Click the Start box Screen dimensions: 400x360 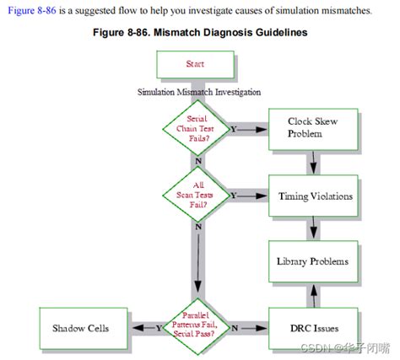(195, 64)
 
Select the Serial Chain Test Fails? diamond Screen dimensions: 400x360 (197, 128)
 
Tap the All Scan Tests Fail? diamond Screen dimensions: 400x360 (197, 195)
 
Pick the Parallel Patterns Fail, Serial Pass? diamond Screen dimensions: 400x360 (197, 327)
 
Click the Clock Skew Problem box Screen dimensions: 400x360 (313, 129)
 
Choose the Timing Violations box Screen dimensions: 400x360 (313, 196)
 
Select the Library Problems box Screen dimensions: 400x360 (313, 261)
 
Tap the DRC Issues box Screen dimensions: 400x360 (313, 329)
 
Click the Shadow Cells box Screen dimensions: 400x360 (84, 329)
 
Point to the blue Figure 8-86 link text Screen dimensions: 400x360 (32, 11)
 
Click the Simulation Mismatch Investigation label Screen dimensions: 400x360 (199, 92)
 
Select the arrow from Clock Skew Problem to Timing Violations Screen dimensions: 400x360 (313, 163)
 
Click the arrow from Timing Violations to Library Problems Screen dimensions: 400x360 (313, 228)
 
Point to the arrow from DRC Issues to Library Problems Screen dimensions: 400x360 (314, 295)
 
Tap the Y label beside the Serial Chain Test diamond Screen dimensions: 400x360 (234, 129)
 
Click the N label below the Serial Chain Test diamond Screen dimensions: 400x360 (198, 161)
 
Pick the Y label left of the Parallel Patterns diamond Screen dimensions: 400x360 (159, 328)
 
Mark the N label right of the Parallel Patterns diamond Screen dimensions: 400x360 (235, 328)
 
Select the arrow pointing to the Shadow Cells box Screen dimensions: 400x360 (144, 328)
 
